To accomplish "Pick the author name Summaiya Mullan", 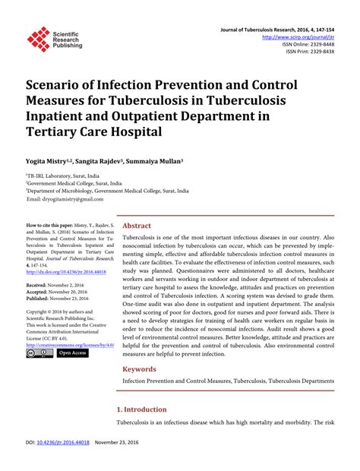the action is pyautogui.click(x=161, y=162).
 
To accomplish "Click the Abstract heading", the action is pyautogui.click(x=137, y=226).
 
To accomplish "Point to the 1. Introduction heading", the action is pyautogui.click(x=148, y=409).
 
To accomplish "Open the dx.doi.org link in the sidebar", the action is pyautogui.click(x=66, y=271).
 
